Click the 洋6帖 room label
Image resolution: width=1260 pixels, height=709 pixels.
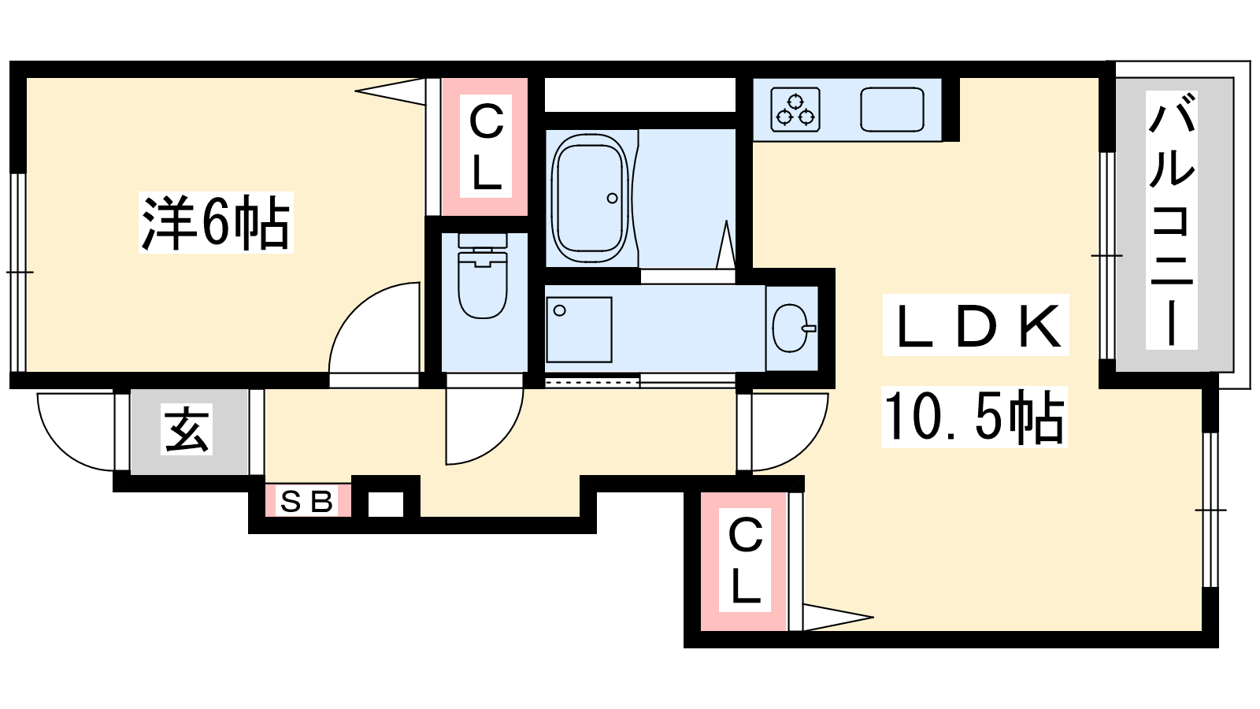[x=216, y=222]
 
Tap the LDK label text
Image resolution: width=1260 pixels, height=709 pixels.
[x=976, y=325]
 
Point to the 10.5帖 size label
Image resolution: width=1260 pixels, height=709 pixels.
[x=974, y=417]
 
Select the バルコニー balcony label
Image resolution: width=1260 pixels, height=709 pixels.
[x=1173, y=220]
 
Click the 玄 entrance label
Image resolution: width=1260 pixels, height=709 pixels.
[x=187, y=429]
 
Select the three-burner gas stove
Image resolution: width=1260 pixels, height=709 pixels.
[x=795, y=110]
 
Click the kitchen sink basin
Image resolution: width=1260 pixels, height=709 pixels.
[x=892, y=110]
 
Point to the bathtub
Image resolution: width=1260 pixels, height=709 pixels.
[x=590, y=198]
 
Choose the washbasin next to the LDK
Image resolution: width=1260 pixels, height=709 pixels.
[x=793, y=328]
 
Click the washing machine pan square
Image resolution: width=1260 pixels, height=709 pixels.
[x=579, y=330]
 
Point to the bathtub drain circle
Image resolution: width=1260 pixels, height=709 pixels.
[x=613, y=198]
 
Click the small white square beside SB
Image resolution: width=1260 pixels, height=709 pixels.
[x=386, y=504]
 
